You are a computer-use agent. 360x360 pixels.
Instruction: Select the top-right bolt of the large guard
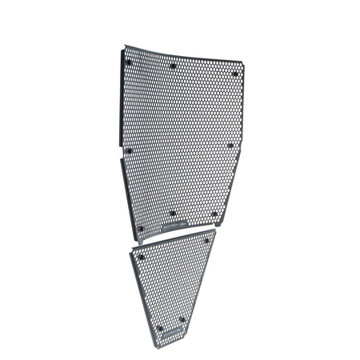(x=234, y=73)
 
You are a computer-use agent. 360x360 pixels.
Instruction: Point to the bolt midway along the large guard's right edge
(x=230, y=146)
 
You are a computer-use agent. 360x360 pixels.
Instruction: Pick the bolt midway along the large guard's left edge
(x=125, y=150)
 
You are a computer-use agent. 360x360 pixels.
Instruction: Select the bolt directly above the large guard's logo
(x=173, y=213)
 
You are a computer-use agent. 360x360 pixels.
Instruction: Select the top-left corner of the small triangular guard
(x=126, y=250)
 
